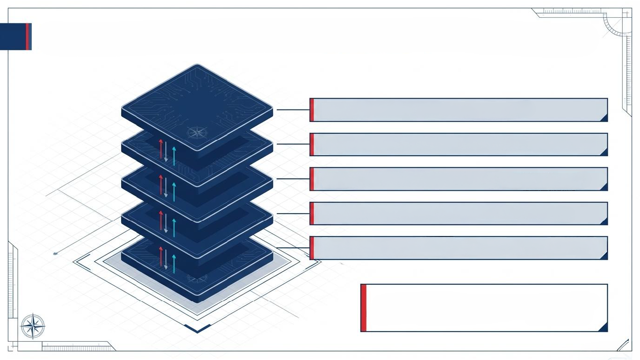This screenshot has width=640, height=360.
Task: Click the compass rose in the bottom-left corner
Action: tap(33, 326)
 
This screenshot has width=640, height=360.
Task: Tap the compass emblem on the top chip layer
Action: tap(197, 132)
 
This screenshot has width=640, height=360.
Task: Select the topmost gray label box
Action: tap(459, 110)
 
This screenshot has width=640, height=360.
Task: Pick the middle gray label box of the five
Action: tap(459, 179)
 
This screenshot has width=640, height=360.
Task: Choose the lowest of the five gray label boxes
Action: tap(459, 248)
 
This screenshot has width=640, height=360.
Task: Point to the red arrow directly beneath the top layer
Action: tap(161, 148)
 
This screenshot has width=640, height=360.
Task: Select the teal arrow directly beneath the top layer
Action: tap(174, 156)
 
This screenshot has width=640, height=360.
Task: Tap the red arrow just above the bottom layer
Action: tap(161, 256)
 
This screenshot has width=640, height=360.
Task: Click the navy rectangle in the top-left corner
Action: tap(15, 36)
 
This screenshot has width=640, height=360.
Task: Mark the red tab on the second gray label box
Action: tap(312, 144)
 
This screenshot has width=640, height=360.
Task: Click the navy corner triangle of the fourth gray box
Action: tap(604, 221)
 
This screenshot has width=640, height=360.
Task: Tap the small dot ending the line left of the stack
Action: tap(55, 253)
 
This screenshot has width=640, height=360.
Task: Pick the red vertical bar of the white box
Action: tap(364, 308)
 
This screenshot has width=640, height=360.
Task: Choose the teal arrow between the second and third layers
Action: tap(174, 191)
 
